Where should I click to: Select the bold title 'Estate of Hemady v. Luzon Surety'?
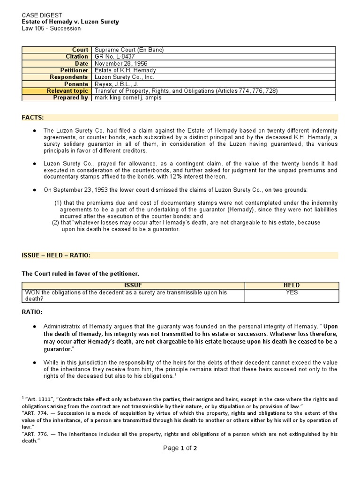point(70,22)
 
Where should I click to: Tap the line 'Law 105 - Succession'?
point(51,28)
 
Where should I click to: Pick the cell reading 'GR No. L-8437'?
point(115,57)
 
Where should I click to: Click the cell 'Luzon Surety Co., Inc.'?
point(124,77)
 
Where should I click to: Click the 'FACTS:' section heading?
point(33,117)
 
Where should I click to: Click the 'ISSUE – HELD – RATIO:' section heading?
point(56,255)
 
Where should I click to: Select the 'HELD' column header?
point(291,285)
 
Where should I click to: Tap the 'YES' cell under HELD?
point(291,292)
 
